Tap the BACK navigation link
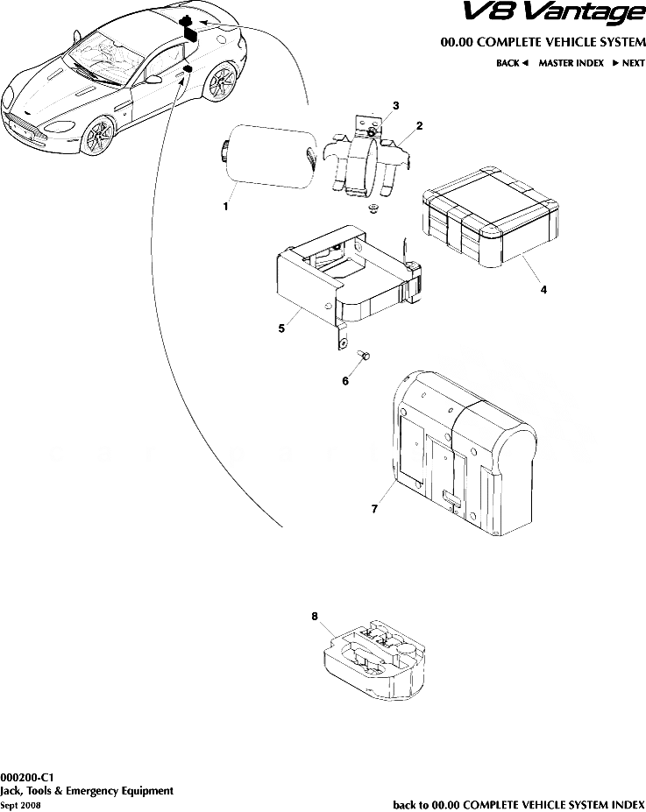tap(512, 63)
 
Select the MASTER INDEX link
tap(571, 63)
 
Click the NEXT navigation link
tap(628, 63)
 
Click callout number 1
tap(226, 208)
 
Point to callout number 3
tap(396, 105)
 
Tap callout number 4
tap(543, 290)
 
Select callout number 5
tap(281, 328)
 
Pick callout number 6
tap(345, 381)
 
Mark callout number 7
tap(374, 508)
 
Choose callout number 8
tap(315, 617)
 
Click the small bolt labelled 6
tap(366, 354)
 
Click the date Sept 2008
tap(20, 804)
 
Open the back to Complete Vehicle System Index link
tap(519, 804)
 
